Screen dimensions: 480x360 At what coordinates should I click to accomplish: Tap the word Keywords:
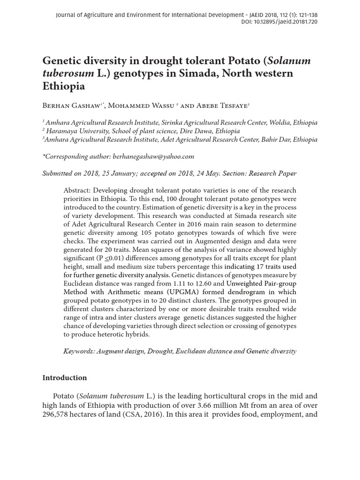[x=79, y=351]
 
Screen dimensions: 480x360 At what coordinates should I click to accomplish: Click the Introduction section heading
[x=65, y=378]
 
